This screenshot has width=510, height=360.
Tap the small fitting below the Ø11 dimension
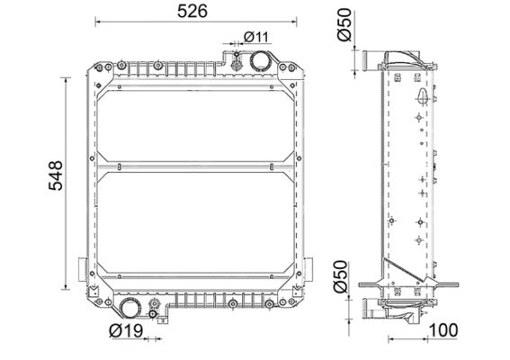[235, 62]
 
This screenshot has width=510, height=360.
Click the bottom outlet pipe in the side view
[372, 310]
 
